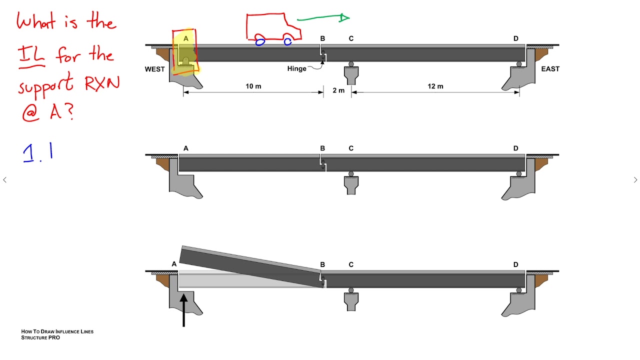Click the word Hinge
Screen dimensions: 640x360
tap(296, 69)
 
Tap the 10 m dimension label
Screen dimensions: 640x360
tap(253, 86)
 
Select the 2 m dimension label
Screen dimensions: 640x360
tap(338, 90)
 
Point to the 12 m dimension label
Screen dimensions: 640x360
tap(435, 86)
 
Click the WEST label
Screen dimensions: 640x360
tap(154, 69)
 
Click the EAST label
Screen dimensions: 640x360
tap(550, 69)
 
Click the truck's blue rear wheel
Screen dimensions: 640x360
tap(260, 42)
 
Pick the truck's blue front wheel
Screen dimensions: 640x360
tap(287, 42)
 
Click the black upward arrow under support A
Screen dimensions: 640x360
tap(183, 310)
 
